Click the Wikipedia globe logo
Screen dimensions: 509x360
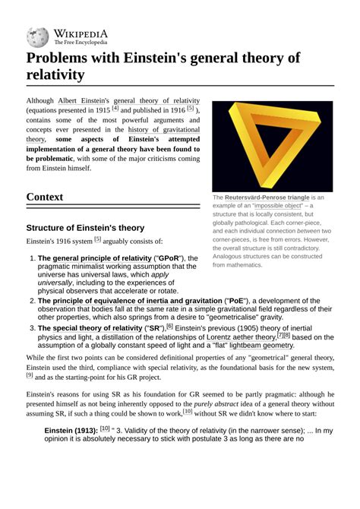click(x=37, y=37)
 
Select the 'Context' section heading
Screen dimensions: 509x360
click(x=45, y=197)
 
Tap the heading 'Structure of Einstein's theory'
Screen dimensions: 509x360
click(x=85, y=227)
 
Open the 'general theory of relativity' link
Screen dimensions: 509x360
click(x=156, y=100)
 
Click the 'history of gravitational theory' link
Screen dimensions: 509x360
click(x=163, y=130)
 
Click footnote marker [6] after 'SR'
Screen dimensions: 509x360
click(x=169, y=326)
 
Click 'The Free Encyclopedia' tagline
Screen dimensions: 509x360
click(x=80, y=43)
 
